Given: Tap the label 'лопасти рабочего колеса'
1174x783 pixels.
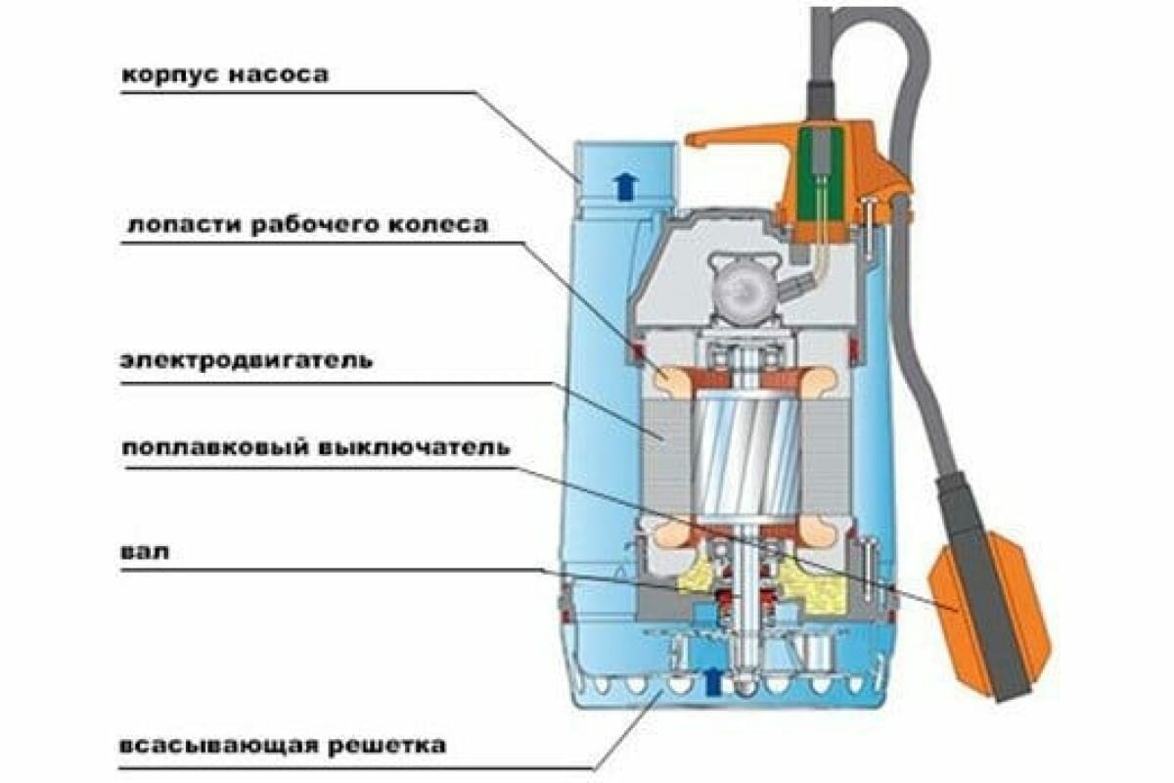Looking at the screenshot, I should pyautogui.click(x=305, y=225).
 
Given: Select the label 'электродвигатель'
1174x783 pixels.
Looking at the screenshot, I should pyautogui.click(x=246, y=361).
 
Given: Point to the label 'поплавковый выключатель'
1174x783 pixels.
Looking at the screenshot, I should pyautogui.click(x=315, y=448).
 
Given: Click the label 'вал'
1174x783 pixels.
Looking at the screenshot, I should pyautogui.click(x=146, y=552).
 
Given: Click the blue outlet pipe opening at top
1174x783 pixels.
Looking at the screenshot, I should pyautogui.click(x=622, y=157).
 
